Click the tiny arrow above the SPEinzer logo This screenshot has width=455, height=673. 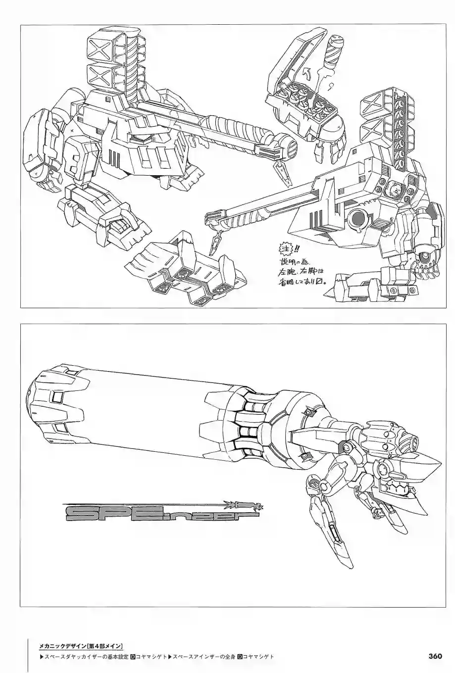pyautogui.click(x=243, y=505)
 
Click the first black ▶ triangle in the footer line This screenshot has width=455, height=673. pyautogui.click(x=41, y=657)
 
